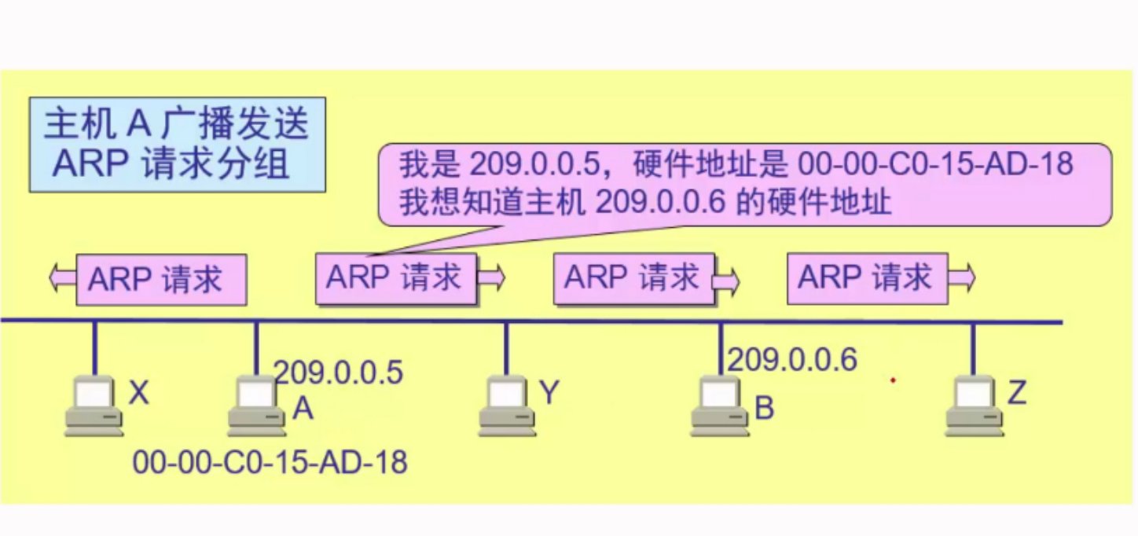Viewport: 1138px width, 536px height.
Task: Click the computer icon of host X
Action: click(94, 406)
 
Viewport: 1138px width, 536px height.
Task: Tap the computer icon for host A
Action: click(256, 406)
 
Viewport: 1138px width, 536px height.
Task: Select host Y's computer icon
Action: click(506, 406)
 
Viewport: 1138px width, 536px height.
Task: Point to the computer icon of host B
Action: click(720, 406)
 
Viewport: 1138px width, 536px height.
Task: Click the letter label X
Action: click(138, 393)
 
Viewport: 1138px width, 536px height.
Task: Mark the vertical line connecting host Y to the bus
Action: click(506, 349)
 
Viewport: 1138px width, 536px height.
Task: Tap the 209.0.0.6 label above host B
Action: click(792, 359)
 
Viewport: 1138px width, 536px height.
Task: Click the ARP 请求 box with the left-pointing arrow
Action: click(161, 279)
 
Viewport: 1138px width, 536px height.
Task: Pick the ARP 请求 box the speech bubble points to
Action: click(397, 279)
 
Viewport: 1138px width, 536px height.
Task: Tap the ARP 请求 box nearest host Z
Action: click(868, 278)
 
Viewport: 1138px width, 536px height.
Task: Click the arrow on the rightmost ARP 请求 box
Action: click(964, 277)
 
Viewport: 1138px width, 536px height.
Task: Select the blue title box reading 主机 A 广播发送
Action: click(178, 144)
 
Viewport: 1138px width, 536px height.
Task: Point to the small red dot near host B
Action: click(893, 381)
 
